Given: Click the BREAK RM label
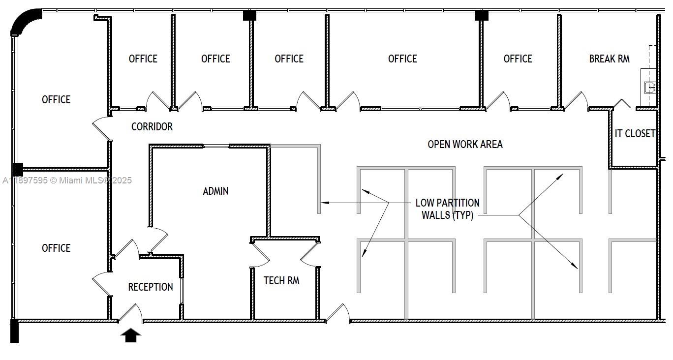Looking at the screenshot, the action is pyautogui.click(x=609, y=59).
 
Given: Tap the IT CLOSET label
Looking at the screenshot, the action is pyautogui.click(x=635, y=134).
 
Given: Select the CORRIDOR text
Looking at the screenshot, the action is pyautogui.click(x=152, y=127).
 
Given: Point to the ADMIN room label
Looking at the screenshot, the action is pyautogui.click(x=215, y=191).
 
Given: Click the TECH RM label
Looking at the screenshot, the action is pyautogui.click(x=281, y=281).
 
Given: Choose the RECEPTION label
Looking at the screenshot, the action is pyautogui.click(x=151, y=287).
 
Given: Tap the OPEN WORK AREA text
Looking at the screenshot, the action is pyautogui.click(x=465, y=145).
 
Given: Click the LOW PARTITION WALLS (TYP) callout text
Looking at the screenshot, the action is pyautogui.click(x=447, y=209).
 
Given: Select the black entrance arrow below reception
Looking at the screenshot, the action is pyautogui.click(x=131, y=335).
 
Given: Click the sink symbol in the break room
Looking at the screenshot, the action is pyautogui.click(x=650, y=88).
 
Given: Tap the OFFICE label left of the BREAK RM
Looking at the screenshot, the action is pyautogui.click(x=518, y=59).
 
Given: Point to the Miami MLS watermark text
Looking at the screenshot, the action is pyautogui.click(x=67, y=180).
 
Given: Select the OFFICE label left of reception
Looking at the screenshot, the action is pyautogui.click(x=56, y=248).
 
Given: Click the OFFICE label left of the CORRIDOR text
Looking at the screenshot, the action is pyautogui.click(x=56, y=100).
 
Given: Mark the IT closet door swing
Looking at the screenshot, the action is pyautogui.click(x=622, y=103).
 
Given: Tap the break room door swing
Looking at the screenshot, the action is pyautogui.click(x=576, y=100).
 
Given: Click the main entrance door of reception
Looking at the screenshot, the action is pyautogui.click(x=130, y=313).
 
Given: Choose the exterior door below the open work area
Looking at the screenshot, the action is pyautogui.click(x=337, y=313).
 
